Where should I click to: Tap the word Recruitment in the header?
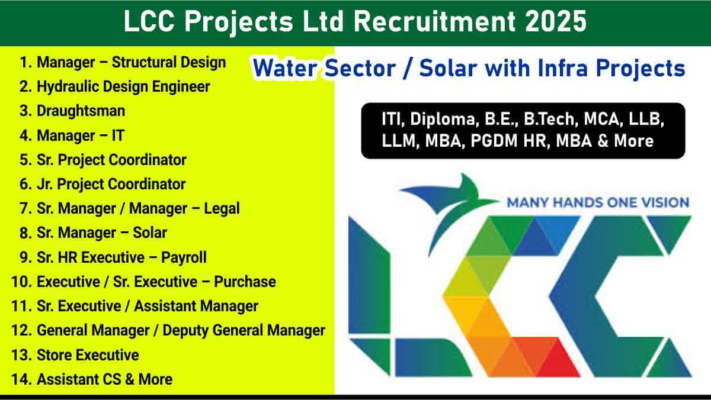(x=434, y=21)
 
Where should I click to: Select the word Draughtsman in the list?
(x=81, y=111)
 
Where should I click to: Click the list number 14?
(x=21, y=379)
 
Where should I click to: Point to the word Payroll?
(x=184, y=257)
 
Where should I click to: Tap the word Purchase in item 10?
(x=245, y=282)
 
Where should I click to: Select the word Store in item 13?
(x=55, y=355)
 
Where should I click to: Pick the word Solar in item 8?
(x=150, y=233)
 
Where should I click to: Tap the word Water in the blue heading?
(x=285, y=69)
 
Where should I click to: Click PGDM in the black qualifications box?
(x=494, y=141)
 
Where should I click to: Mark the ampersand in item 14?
(x=130, y=380)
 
